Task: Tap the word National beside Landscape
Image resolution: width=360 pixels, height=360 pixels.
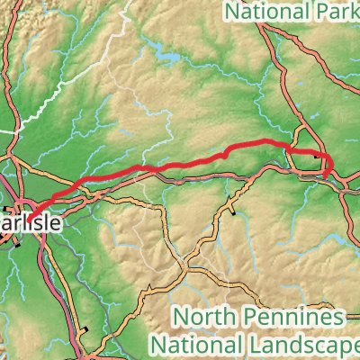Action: point(193,344)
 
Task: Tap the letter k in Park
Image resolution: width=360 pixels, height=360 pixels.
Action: point(355,13)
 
